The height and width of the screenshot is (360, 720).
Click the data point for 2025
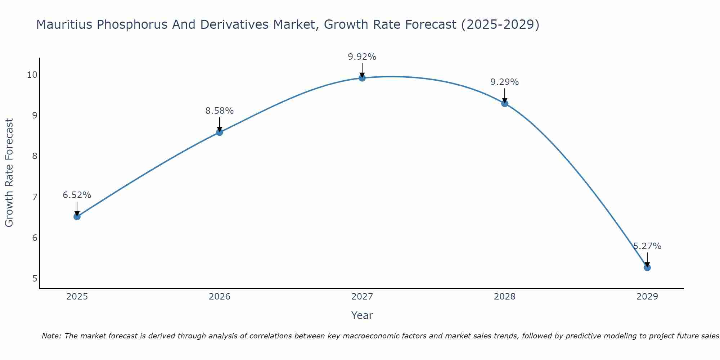(77, 216)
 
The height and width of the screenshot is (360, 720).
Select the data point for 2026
(220, 132)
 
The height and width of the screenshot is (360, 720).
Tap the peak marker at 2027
(362, 78)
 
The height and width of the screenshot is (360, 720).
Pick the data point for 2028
(505, 103)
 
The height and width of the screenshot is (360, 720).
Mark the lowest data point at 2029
(647, 267)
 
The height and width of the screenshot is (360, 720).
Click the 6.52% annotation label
(77, 195)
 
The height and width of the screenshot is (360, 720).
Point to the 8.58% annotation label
(220, 111)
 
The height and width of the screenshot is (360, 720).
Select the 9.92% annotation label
(362, 57)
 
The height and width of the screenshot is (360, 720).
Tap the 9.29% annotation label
(505, 82)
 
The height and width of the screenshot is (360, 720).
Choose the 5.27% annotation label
(647, 246)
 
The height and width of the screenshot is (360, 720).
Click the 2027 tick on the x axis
(362, 297)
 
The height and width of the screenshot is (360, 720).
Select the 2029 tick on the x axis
(647, 297)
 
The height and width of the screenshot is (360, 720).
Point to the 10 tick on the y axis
(32, 75)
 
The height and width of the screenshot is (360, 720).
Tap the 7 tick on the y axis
(35, 197)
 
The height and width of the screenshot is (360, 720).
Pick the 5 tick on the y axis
(35, 279)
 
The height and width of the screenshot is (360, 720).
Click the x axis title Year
(362, 315)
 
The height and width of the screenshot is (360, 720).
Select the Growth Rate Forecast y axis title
(9, 173)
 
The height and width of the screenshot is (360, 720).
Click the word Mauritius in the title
(64, 24)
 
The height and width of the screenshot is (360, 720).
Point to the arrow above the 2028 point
(505, 95)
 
